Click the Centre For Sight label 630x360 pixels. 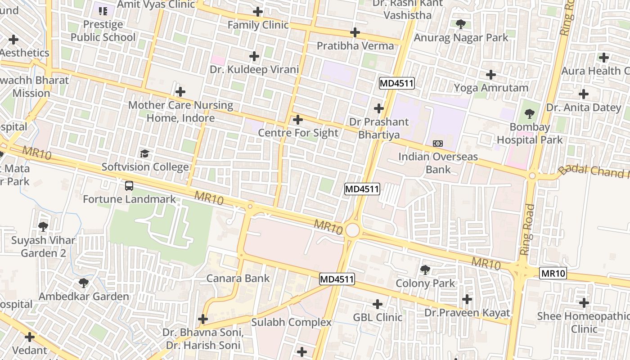point(298,133)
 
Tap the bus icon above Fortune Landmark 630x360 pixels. point(129,185)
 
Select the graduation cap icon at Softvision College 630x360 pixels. point(144,154)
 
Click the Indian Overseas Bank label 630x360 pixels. point(438,163)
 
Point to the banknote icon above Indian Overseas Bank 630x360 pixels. point(437,144)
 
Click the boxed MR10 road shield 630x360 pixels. point(553,273)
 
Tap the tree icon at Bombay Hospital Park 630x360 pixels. point(530,114)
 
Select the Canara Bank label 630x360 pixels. point(238,278)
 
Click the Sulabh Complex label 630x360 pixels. point(291,322)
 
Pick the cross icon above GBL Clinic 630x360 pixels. point(377,304)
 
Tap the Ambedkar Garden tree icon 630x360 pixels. point(83,283)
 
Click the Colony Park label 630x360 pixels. point(425,283)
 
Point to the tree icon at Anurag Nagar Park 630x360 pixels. point(460,24)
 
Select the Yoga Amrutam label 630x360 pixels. point(491,88)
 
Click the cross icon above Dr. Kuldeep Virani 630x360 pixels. point(254,56)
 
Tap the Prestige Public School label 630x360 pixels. point(103,31)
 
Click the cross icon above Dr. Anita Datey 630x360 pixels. point(583,94)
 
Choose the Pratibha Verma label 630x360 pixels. point(355,46)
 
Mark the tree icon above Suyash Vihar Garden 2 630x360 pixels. point(43,226)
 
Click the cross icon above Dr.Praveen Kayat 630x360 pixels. point(467,299)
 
